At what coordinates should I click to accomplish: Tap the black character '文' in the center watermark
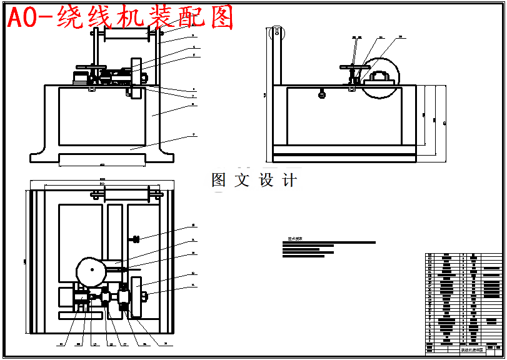pos(242,181)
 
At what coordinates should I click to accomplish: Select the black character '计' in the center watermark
pos(289,181)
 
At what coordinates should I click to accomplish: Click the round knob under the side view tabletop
pos(322,95)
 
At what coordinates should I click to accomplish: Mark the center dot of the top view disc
pos(93,271)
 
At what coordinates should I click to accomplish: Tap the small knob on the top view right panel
pos(134,239)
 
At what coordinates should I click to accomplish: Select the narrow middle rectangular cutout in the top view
pos(114,231)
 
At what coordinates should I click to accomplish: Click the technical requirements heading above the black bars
pos(295,239)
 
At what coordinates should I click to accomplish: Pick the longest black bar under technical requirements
pos(329,242)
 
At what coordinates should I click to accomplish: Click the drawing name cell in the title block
pos(473,351)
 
